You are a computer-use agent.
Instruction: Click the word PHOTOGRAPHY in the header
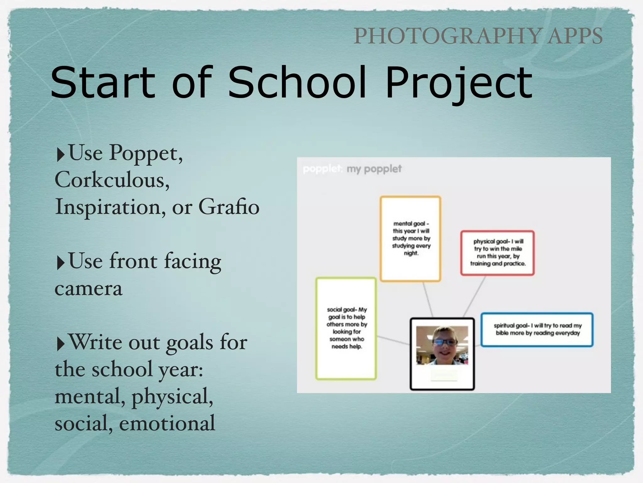coord(447,36)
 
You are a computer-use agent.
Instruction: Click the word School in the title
coord(297,82)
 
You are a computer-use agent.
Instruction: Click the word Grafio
coord(229,207)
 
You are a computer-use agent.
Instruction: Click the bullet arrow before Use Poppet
coord(60,155)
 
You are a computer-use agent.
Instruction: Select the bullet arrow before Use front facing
coord(60,263)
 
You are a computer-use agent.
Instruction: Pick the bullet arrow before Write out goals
coord(60,344)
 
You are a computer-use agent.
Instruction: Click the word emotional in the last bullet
coord(167,423)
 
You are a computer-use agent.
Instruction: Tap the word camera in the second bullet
coord(88,289)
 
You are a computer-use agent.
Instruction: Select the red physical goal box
coord(497,253)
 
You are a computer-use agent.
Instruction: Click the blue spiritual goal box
coord(537,329)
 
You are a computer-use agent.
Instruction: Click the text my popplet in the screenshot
coord(374,169)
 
